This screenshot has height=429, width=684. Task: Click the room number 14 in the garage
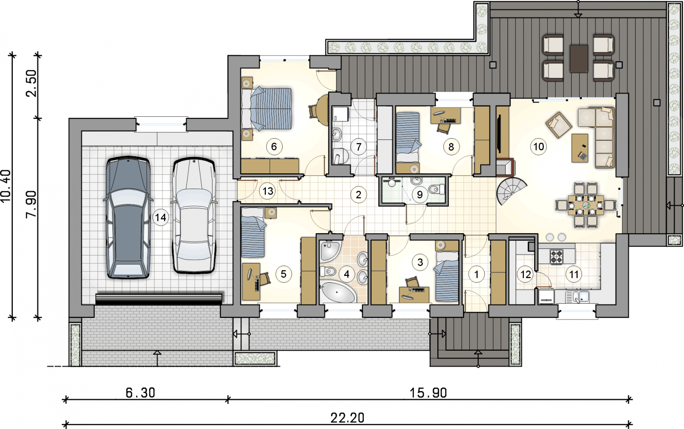pos(161,218)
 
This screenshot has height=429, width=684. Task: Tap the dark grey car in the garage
pos(128,218)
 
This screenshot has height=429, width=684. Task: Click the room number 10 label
pos(538,147)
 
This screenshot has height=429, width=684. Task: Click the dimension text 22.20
pos(348,418)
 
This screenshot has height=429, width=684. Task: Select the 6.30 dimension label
pos(141,393)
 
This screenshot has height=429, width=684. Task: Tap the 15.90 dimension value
pos(428,393)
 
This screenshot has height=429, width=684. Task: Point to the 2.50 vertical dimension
pos(32,83)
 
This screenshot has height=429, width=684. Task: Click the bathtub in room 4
pos(338,292)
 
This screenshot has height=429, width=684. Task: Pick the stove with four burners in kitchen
pos(556,257)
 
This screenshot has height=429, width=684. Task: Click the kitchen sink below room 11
pos(577,297)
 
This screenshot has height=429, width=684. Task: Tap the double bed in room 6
pos(267,109)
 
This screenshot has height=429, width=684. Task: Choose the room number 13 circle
pos(268,191)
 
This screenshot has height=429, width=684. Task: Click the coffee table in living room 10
pos(580,148)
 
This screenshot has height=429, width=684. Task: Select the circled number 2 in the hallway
pos(359,195)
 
